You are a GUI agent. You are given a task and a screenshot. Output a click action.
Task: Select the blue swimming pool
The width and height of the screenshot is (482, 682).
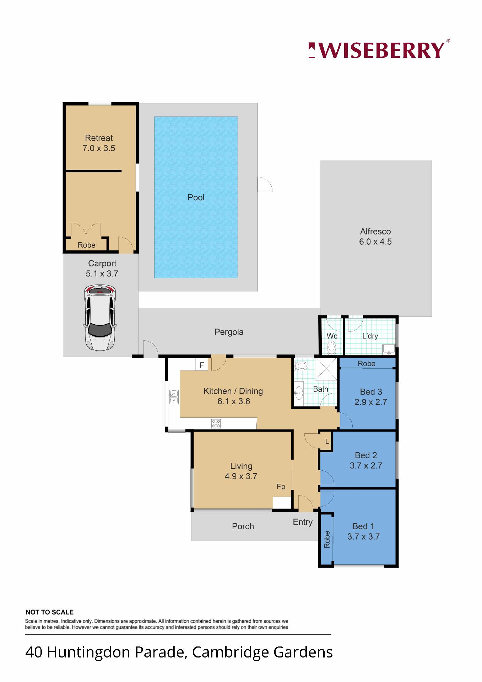point(196,197)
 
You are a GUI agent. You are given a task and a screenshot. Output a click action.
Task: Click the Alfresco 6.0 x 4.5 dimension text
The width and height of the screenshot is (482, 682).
point(375,242)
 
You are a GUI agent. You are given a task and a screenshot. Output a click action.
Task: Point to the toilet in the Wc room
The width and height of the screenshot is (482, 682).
point(332,347)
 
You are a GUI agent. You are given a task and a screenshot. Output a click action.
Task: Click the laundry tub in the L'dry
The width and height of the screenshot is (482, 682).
point(389,349)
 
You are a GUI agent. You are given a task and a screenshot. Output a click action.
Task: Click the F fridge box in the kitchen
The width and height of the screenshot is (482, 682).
point(202,365)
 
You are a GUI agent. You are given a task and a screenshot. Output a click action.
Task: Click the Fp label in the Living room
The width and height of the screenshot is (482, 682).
point(281,486)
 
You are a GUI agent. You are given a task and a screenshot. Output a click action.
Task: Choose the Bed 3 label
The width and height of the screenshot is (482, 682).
point(371,392)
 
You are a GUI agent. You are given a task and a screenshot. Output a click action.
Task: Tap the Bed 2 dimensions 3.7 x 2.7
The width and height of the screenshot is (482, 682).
point(366,465)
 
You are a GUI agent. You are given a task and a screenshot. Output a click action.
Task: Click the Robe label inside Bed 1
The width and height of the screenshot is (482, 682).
point(327,539)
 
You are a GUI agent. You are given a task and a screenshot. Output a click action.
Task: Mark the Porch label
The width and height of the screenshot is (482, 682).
point(243,526)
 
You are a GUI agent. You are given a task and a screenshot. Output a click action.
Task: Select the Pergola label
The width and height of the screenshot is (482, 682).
point(229,332)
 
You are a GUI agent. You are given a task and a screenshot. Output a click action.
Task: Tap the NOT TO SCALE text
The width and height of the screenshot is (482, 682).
point(50,612)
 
